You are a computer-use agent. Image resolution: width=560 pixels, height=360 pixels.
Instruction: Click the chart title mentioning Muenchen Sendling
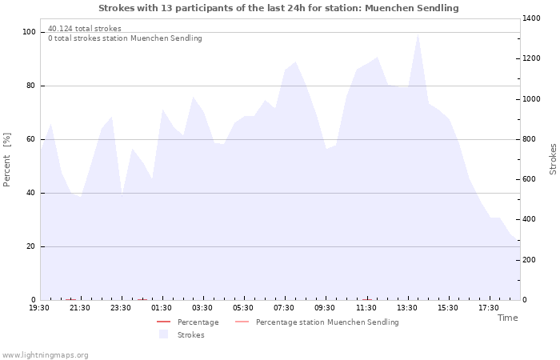(278, 8)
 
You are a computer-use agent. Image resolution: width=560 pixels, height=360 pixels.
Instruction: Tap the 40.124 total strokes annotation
(85, 29)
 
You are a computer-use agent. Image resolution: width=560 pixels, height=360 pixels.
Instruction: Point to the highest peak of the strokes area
(418, 34)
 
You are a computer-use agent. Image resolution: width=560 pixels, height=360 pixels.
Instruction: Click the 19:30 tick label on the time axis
(39, 308)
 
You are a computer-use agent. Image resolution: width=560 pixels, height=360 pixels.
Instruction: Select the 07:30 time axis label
(284, 308)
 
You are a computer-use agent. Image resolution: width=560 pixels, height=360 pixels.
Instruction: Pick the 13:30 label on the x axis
(406, 308)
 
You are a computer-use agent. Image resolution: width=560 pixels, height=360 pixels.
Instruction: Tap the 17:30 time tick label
(489, 308)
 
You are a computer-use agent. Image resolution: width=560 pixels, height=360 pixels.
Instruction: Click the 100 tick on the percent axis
(29, 32)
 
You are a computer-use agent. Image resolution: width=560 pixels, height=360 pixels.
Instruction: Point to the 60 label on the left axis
(31, 139)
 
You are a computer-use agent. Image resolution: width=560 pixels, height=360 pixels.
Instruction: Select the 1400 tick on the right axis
(531, 18)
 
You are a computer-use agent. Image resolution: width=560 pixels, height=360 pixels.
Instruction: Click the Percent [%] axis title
(6, 159)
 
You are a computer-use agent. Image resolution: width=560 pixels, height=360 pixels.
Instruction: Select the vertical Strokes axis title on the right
(553, 159)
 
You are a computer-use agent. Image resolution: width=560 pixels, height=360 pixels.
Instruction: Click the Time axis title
(507, 318)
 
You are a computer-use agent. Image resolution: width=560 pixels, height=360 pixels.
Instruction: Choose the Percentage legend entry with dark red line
(188, 322)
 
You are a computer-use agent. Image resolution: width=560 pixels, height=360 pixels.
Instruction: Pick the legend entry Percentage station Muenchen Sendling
(317, 322)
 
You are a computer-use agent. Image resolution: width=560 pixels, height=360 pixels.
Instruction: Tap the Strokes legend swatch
(163, 334)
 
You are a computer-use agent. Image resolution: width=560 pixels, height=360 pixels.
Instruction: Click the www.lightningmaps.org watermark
(45, 355)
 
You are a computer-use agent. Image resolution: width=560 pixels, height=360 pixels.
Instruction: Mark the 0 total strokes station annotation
(125, 38)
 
